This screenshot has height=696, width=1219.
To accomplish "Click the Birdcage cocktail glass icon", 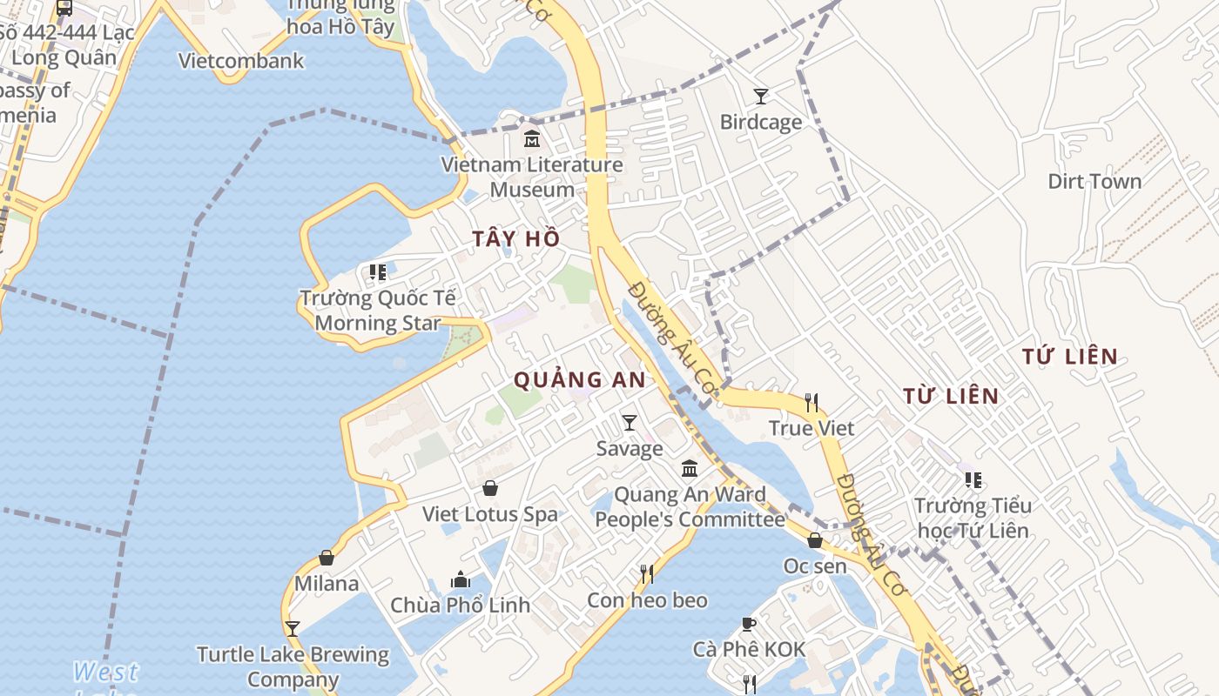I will tap(761, 96).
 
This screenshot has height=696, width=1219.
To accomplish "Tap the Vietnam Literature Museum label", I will tap(532, 177).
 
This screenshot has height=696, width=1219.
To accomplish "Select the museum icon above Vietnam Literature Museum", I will tap(531, 138).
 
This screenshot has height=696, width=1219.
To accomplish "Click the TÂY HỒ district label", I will tap(516, 239).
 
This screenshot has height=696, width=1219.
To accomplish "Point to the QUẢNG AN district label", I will tap(580, 380).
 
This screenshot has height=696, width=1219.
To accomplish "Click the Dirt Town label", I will tap(1094, 182).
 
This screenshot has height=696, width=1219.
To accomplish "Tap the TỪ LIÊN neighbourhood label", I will tap(951, 397).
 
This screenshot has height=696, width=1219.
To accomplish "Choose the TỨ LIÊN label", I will tap(1070, 357).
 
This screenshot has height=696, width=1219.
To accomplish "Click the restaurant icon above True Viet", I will tap(812, 402).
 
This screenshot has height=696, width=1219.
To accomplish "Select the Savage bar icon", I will tap(630, 423).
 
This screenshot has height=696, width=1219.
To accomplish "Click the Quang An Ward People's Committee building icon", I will tap(690, 469).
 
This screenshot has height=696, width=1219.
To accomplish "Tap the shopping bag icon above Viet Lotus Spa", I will tap(490, 488).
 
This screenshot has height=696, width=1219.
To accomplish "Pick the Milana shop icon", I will tap(327, 558).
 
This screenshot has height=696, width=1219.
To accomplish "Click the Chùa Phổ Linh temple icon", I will tap(460, 579).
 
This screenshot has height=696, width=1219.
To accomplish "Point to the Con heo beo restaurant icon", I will tap(647, 574).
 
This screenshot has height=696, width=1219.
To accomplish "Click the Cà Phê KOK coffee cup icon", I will tap(748, 624).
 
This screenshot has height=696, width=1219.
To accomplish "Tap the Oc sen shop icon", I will tap(815, 540).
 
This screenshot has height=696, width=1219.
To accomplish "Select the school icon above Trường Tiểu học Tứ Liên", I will tap(973, 479).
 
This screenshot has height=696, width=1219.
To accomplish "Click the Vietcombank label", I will tap(241, 61).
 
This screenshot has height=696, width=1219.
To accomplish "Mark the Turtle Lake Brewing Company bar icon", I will tap(293, 628).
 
